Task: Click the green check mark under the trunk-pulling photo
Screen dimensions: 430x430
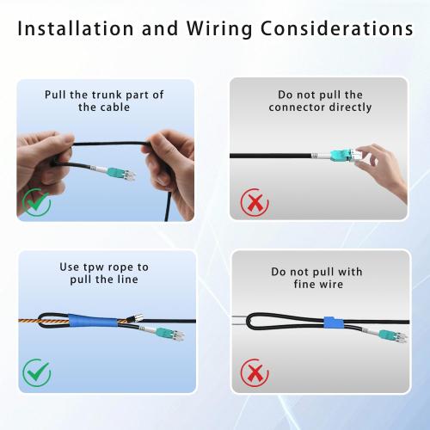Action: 36,202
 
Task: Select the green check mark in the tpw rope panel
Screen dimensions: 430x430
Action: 36,372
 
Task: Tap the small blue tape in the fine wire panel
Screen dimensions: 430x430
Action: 333,323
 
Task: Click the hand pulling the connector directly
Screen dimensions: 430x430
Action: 383,168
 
